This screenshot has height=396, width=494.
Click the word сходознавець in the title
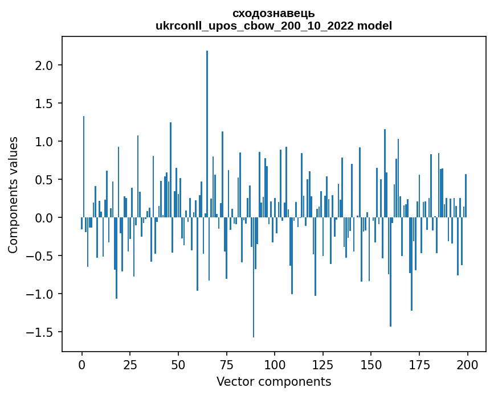point(273,13)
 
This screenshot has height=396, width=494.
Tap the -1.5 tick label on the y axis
point(42,332)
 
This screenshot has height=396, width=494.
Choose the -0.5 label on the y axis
point(42,256)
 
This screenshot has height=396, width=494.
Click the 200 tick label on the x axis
point(467,364)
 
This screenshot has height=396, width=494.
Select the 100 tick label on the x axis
point(275,364)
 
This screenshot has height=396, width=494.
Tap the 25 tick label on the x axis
point(130,364)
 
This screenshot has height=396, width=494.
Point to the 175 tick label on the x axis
point(419,364)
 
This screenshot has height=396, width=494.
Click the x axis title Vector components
point(273,381)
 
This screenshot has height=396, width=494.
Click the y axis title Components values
point(13,195)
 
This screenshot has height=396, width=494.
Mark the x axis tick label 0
point(82,364)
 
